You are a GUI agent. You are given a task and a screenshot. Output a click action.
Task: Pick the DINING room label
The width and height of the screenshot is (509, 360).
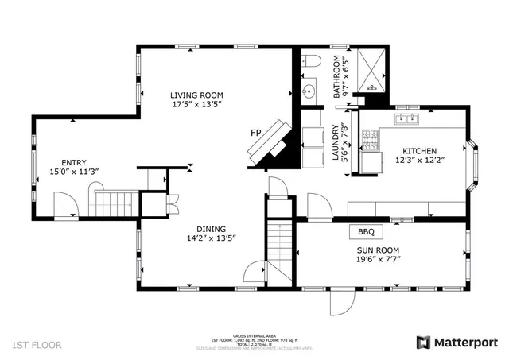(211, 226)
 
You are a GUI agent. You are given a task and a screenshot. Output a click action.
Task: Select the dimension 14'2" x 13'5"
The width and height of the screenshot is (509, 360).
(211, 237)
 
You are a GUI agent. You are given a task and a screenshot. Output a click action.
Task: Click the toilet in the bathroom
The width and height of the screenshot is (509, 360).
(311, 61)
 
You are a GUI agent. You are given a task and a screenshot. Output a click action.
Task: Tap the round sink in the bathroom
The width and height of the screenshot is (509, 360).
(309, 90)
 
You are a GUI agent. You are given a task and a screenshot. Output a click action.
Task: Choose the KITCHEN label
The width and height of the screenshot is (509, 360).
(418, 151)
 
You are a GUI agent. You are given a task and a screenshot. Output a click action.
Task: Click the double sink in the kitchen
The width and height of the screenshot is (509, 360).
(409, 119)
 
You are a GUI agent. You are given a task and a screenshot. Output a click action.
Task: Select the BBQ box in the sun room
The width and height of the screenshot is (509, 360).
(366, 232)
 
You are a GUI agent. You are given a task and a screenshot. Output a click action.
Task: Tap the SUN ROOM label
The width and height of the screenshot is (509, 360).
(378, 249)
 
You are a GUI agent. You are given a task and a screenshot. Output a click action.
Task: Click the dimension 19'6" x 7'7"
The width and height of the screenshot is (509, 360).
(378, 258)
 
